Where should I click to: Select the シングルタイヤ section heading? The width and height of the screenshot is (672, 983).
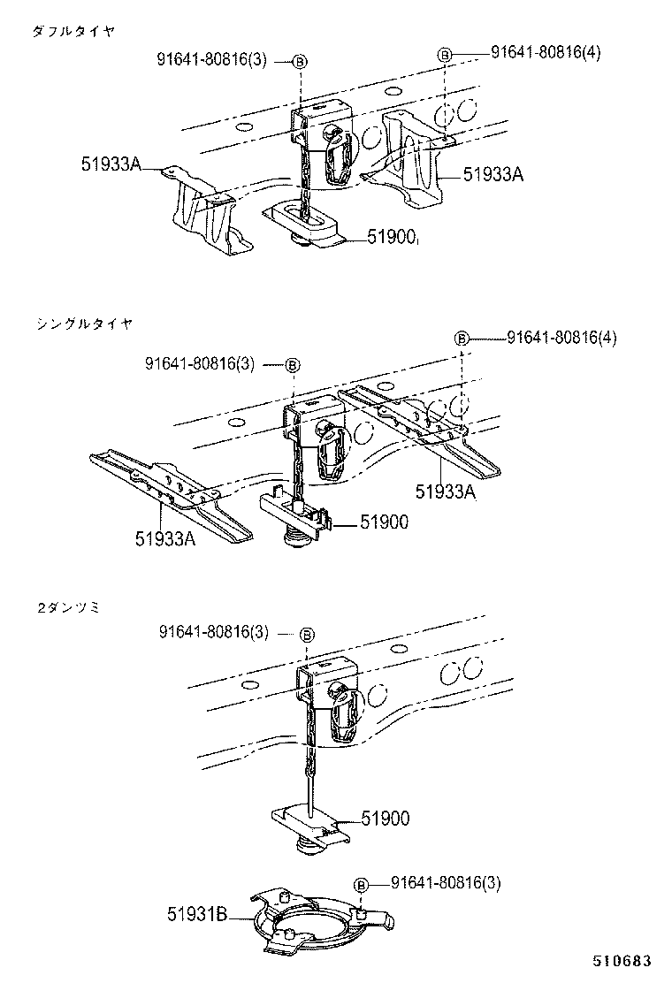click(x=84, y=324)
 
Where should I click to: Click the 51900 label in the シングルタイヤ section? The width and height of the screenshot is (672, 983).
click(x=384, y=522)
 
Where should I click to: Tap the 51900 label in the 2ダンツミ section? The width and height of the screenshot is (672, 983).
click(x=385, y=819)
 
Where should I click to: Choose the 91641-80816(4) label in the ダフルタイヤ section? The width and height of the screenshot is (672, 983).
click(x=546, y=52)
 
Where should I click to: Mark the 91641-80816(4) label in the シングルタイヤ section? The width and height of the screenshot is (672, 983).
click(x=561, y=338)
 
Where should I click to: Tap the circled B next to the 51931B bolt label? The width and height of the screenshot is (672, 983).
click(x=361, y=884)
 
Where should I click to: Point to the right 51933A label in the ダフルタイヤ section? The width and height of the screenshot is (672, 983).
click(x=493, y=175)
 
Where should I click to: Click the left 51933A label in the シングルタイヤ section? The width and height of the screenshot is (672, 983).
click(x=165, y=537)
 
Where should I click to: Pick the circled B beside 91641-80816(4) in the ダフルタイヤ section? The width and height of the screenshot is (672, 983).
click(x=446, y=54)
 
